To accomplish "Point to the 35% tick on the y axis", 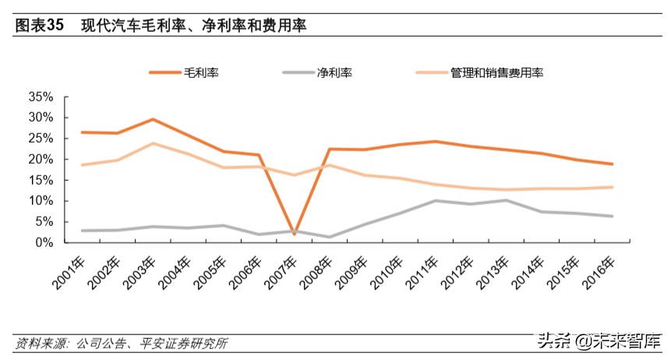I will point(40,97).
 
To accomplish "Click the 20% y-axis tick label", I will point(40,159).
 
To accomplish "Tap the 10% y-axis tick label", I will point(40,201).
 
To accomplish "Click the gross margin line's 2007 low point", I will point(294,234).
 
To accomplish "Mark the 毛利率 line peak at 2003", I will point(153,119).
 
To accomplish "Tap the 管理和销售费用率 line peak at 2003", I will point(153,143).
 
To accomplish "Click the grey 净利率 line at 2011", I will point(436,200).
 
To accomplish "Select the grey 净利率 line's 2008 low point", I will point(330,237).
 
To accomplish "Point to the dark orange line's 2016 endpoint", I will point(613,164).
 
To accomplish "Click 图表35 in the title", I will point(39,26).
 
